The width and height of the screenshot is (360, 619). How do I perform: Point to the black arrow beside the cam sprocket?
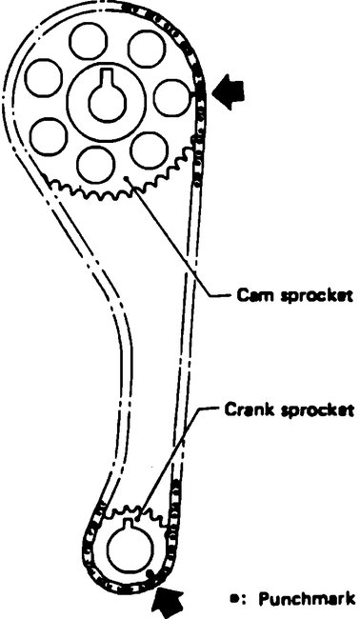point(229,92)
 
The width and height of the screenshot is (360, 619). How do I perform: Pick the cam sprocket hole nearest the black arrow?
point(171,98)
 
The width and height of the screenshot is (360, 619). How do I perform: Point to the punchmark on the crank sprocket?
point(150,571)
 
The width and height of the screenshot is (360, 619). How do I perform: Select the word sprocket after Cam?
point(310,296)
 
